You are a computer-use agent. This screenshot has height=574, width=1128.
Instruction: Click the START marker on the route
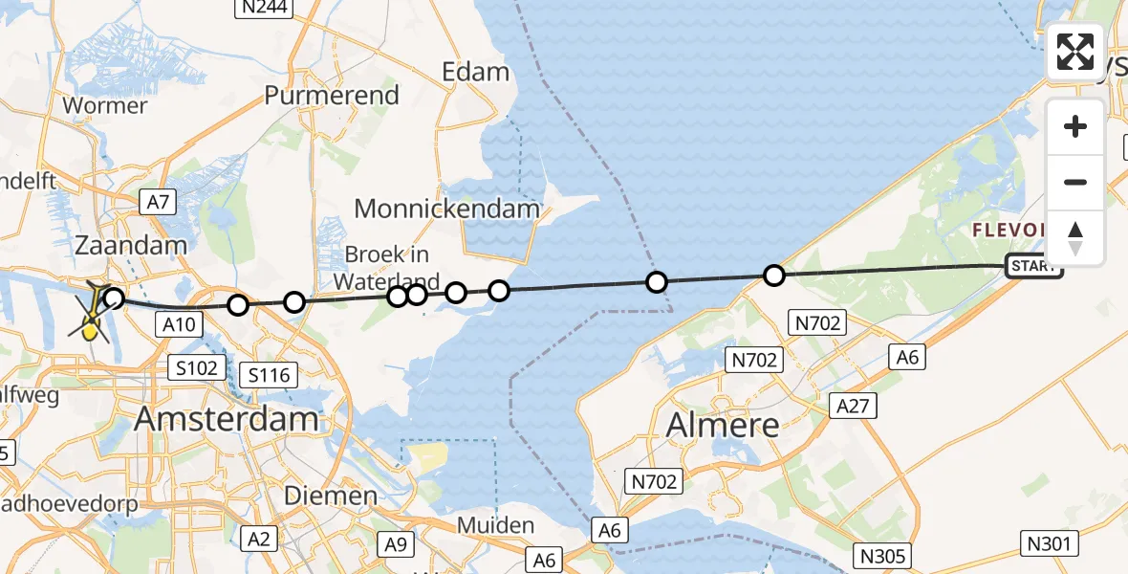click(1034, 267)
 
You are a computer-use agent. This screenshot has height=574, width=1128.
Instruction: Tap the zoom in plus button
click(1075, 126)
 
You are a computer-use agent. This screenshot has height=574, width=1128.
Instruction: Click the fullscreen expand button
click(1075, 52)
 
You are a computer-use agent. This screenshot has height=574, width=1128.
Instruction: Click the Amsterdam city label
click(227, 419)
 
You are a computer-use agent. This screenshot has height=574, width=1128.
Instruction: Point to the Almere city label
click(723, 423)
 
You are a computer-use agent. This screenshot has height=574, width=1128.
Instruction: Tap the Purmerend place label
click(332, 96)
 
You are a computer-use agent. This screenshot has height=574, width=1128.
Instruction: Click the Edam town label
click(475, 72)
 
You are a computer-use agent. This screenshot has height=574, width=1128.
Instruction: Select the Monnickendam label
click(447, 208)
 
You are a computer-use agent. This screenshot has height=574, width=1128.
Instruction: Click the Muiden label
click(495, 525)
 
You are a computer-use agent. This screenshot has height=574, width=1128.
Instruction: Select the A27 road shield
click(852, 406)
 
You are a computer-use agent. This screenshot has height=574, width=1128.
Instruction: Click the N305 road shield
click(883, 556)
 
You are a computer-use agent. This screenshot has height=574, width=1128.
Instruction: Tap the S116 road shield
click(269, 375)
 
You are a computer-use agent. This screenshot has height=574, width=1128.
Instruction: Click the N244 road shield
click(264, 8)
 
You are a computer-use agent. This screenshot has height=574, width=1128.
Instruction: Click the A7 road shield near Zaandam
click(158, 201)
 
